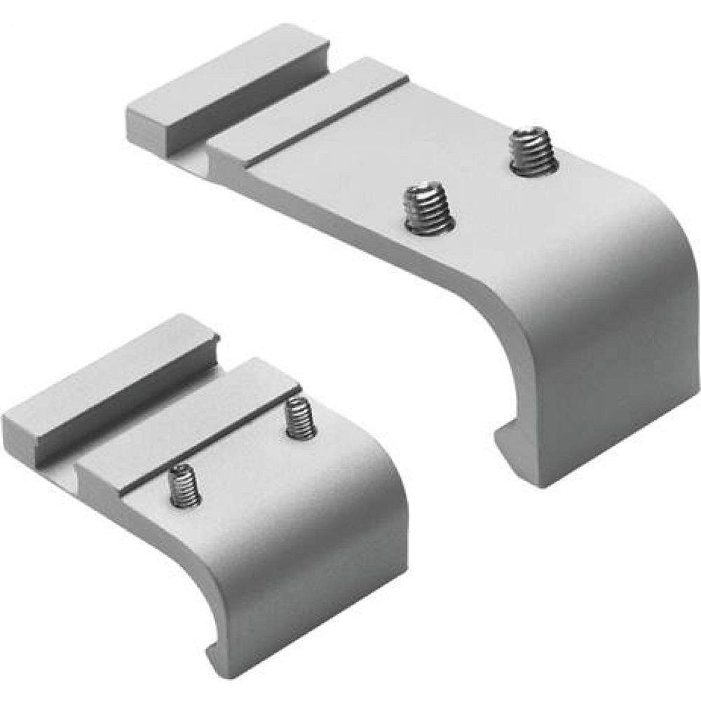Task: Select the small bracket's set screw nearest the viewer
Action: click(x=184, y=485)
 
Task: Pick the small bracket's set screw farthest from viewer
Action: click(x=300, y=418)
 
